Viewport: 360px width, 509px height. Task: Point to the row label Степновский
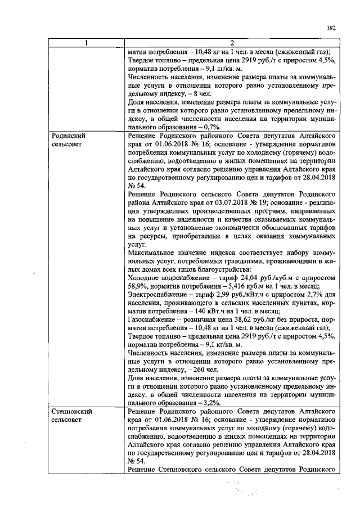[x=71, y=411]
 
